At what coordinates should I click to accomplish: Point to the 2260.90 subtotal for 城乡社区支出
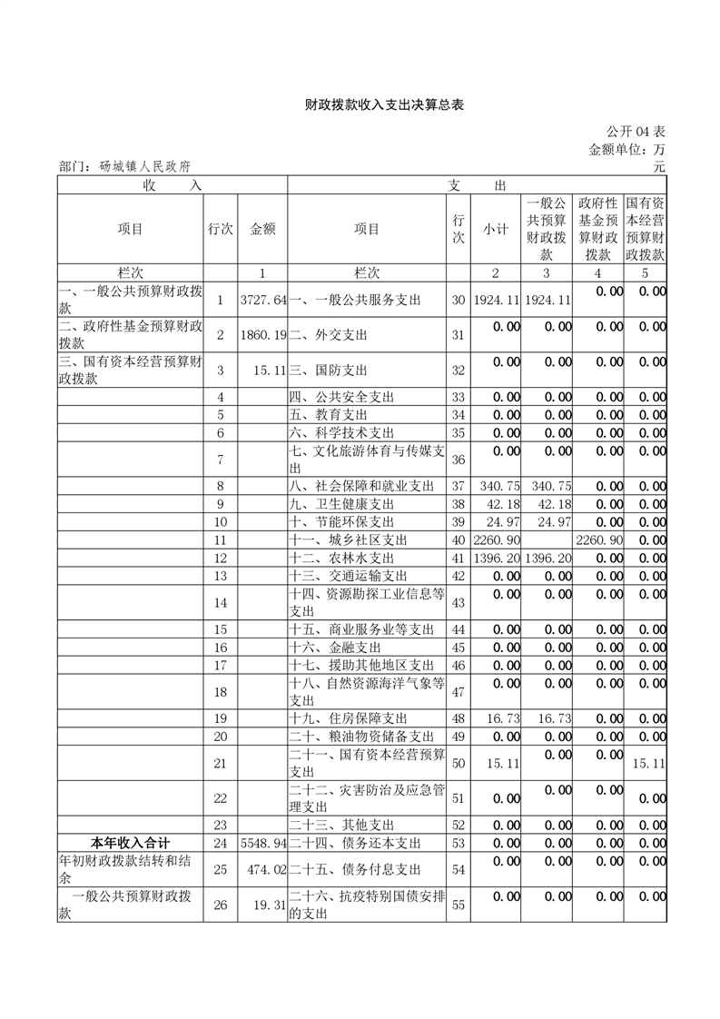495,540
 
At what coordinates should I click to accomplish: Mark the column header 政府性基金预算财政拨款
597,230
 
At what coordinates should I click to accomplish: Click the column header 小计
495,230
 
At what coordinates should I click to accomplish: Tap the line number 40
458,540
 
